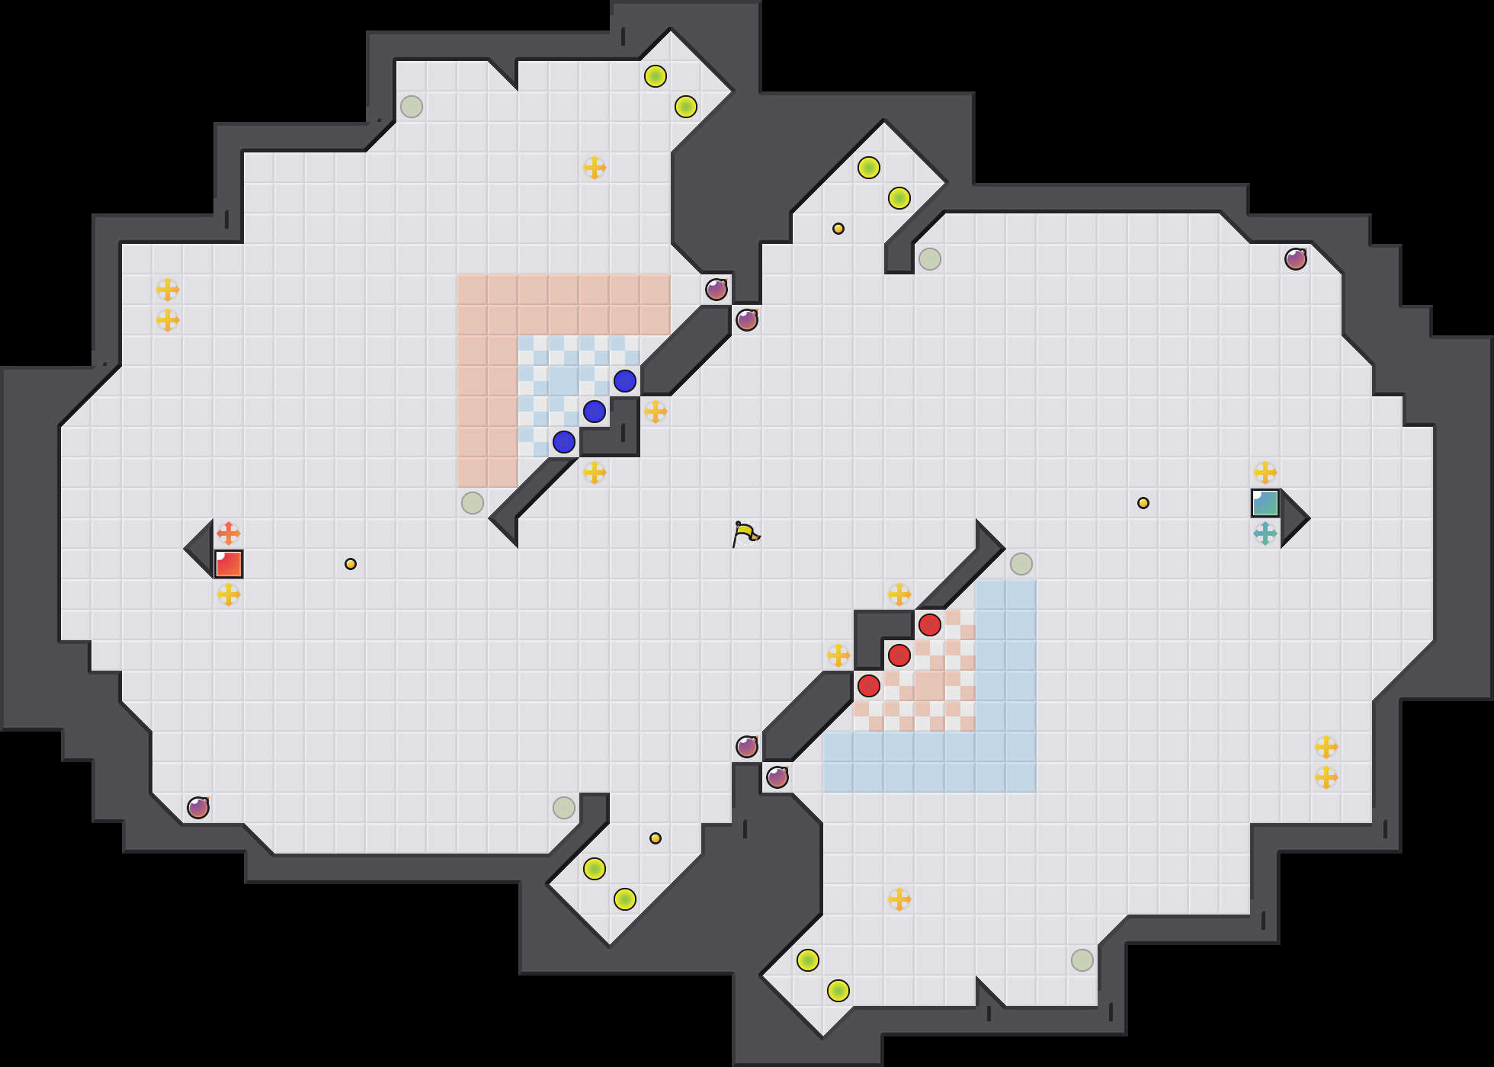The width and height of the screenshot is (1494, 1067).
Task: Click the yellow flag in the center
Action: click(x=745, y=533)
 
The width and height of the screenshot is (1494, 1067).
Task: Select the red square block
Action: click(x=229, y=564)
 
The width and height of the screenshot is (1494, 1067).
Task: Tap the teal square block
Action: click(x=1265, y=503)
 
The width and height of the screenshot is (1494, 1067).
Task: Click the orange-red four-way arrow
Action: click(x=229, y=533)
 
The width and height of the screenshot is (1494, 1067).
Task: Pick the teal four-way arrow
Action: click(x=1265, y=533)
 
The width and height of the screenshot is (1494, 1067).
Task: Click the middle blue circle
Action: click(x=595, y=412)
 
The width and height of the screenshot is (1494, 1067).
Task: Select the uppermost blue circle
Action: click(x=625, y=381)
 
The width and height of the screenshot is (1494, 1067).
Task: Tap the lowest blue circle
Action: click(x=564, y=442)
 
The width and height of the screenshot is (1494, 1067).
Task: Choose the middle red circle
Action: click(x=899, y=655)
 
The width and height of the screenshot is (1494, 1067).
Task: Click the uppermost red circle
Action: click(x=930, y=625)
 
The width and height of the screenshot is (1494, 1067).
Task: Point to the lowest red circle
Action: click(x=869, y=686)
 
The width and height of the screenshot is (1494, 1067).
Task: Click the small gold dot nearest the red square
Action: click(x=351, y=564)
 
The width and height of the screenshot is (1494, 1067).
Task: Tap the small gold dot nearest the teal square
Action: click(x=1143, y=503)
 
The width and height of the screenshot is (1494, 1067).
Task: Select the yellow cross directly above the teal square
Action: click(x=1265, y=473)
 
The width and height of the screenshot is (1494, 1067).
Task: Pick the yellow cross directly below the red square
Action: click(x=229, y=594)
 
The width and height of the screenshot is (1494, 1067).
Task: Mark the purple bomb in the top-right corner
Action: click(x=1296, y=259)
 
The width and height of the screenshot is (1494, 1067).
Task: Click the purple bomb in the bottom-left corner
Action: click(x=198, y=808)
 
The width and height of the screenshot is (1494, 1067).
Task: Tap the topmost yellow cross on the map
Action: click(x=595, y=168)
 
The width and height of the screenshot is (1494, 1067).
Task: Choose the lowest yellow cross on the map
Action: click(x=899, y=899)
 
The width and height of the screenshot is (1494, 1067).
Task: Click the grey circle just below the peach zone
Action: click(x=473, y=503)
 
